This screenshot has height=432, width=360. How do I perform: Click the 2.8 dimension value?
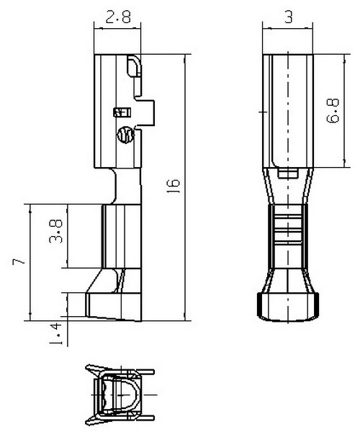(118, 17)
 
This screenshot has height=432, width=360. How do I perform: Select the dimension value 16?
(174, 186)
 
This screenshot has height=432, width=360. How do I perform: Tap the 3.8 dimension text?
(56, 231)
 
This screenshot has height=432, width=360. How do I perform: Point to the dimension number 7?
(19, 261)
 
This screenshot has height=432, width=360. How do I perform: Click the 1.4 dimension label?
(55, 334)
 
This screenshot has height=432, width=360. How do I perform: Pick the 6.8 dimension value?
(333, 110)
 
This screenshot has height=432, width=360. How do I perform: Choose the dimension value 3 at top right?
(288, 17)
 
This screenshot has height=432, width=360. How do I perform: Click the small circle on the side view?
(125, 135)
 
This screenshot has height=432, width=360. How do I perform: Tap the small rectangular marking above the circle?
(122, 112)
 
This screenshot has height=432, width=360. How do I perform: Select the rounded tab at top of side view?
(134, 66)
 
